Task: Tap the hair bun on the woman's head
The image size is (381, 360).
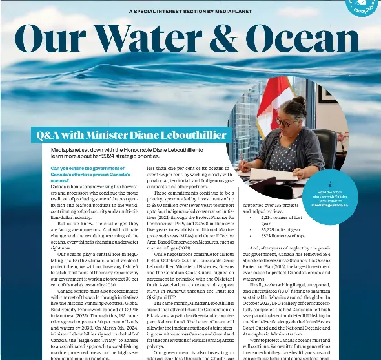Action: pos(302,101)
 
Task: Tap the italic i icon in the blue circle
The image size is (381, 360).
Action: pos(331,184)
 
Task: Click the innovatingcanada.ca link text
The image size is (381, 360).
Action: pos(330,204)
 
